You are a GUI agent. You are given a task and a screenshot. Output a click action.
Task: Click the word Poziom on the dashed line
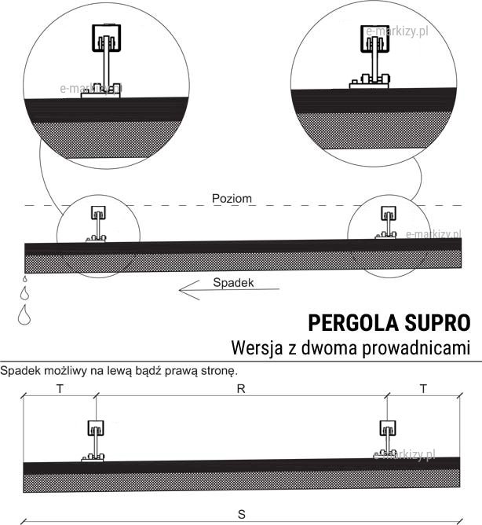232,199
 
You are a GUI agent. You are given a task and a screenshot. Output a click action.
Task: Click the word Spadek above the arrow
232,282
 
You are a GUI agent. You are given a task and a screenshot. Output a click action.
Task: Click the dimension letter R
242,389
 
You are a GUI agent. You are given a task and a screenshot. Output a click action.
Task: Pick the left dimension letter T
60,389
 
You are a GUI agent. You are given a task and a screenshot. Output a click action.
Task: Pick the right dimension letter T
423,389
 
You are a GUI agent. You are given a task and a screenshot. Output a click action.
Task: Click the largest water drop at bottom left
26,315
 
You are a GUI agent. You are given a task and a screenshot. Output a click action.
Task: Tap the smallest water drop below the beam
24,279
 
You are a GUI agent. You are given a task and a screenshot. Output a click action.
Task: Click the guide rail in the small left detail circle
97,213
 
